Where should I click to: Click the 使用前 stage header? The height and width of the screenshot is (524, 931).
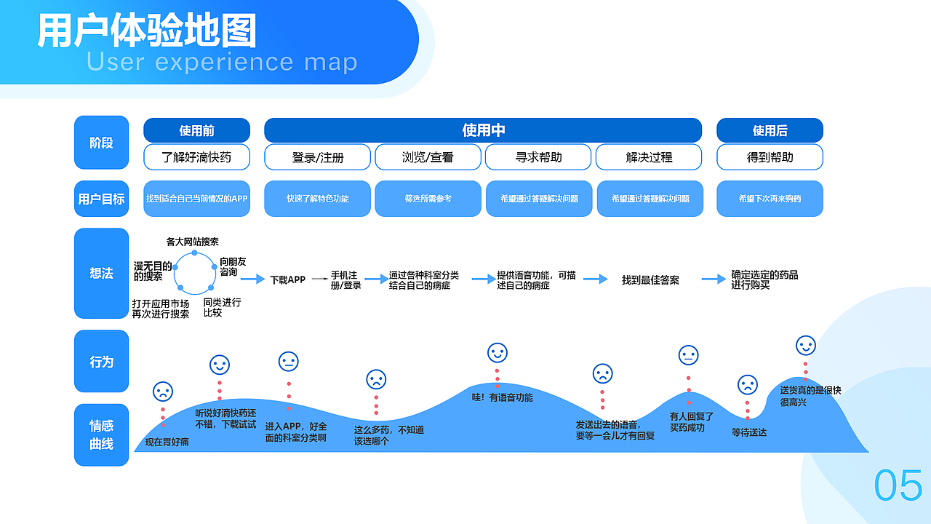(x=196, y=130)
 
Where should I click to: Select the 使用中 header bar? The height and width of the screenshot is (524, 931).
(x=483, y=130)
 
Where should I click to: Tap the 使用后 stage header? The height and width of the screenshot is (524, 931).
(x=770, y=130)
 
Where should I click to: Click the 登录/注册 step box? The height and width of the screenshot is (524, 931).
(x=318, y=157)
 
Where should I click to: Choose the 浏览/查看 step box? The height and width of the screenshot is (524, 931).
(x=428, y=157)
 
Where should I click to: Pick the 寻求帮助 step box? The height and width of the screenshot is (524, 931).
(x=538, y=157)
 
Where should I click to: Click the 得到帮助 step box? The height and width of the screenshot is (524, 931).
(x=770, y=157)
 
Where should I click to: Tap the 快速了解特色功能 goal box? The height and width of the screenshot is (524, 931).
(x=317, y=199)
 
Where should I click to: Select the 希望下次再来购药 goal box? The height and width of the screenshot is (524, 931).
(x=770, y=199)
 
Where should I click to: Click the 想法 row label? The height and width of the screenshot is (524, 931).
(x=101, y=274)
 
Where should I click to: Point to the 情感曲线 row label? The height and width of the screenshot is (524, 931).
(x=101, y=434)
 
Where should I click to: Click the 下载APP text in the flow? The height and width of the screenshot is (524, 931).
(x=287, y=279)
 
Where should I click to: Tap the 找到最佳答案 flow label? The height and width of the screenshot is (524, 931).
(x=650, y=279)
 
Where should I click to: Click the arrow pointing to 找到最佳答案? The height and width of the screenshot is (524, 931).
(x=595, y=279)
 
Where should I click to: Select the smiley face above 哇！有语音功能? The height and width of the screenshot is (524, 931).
(x=497, y=353)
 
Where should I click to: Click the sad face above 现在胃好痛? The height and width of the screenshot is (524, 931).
(x=163, y=392)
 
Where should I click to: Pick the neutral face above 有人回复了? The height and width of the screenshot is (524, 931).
(x=688, y=355)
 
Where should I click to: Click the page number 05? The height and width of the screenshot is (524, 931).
(x=898, y=486)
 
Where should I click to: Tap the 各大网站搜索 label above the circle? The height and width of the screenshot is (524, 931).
(x=192, y=242)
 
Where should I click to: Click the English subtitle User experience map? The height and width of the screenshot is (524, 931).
(x=222, y=62)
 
